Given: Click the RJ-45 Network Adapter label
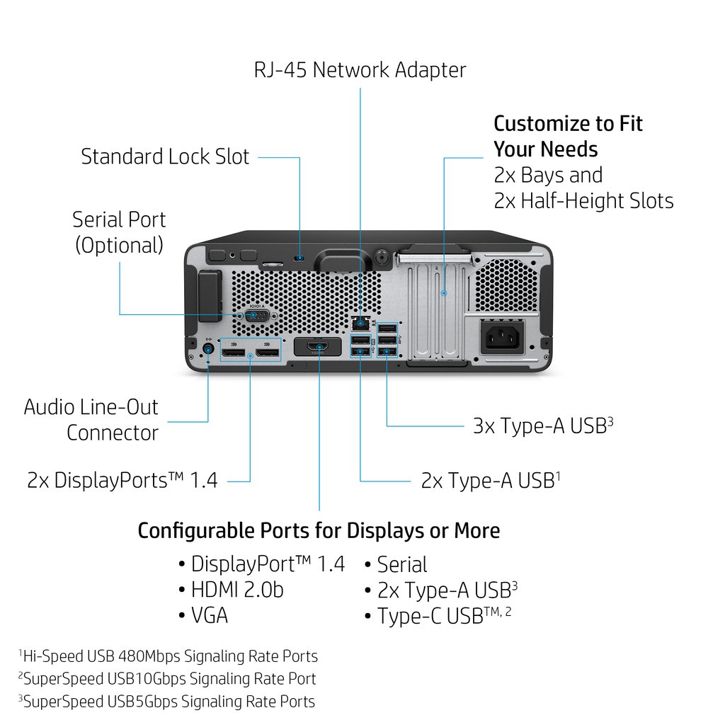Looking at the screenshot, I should tap(360, 70).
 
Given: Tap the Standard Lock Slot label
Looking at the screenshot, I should tap(165, 156).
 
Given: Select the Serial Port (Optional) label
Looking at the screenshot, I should tap(119, 232).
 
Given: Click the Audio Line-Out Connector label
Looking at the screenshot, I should tap(91, 420).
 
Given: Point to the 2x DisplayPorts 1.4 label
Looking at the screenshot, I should tap(122, 481).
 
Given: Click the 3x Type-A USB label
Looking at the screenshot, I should tap(542, 426).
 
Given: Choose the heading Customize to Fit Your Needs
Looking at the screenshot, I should tap(568, 136).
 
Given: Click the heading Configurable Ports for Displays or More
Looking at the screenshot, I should tap(319, 530).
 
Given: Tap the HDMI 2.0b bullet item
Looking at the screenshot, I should tap(236, 590).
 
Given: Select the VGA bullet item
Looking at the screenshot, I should tap(209, 615).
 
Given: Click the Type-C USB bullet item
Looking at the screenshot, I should tap(443, 615).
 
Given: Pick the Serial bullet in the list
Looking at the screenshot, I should tap(401, 564).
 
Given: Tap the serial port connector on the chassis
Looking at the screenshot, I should tap(256, 315).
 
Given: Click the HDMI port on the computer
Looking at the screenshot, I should tap(319, 347).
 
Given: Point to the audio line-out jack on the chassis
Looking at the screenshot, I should tap(208, 348).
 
